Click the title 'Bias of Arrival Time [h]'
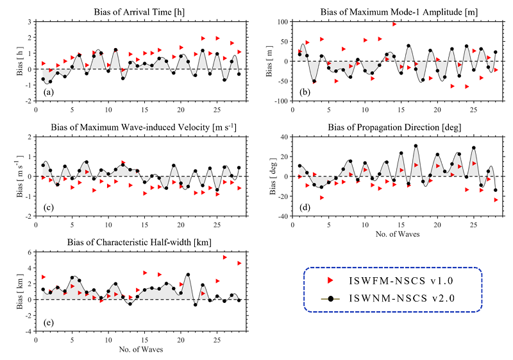139,12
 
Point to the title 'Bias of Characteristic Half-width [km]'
139,243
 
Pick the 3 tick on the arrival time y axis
29,22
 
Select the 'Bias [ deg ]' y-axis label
273,176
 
